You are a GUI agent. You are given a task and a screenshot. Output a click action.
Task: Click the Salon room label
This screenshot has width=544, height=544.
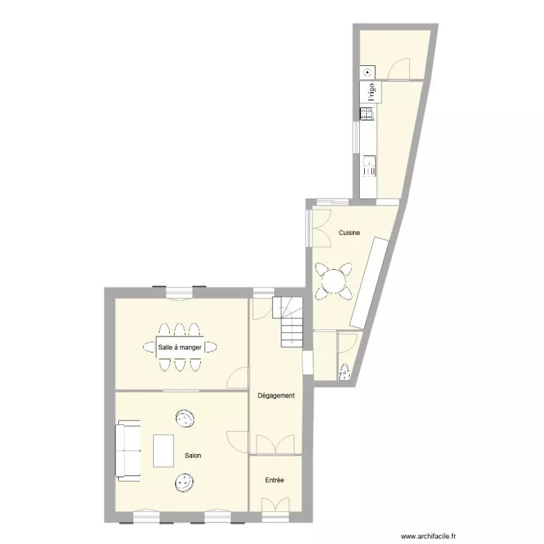point(192,456)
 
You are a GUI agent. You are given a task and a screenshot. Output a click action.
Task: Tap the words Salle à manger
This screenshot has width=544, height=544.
point(179,347)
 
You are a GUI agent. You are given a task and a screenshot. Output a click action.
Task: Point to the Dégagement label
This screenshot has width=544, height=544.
point(276,395)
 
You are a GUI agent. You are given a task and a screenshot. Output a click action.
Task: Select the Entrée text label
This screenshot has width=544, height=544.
point(274,480)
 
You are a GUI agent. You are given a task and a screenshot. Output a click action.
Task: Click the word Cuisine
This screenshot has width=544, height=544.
point(350,232)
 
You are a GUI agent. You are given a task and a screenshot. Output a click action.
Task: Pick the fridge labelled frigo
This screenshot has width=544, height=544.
point(368,92)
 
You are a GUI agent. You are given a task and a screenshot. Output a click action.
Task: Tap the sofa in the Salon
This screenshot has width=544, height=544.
point(128,450)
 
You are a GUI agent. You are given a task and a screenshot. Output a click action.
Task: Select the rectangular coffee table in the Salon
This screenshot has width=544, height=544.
point(164,450)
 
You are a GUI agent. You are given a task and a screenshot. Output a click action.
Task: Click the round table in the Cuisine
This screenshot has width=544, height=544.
point(335,281)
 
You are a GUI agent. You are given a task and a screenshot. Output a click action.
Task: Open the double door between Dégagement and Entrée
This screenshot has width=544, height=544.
point(276,445)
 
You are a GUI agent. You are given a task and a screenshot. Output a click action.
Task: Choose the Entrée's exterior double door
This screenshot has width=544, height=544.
point(275,505)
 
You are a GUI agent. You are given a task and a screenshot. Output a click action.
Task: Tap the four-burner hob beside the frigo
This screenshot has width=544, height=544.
point(367,113)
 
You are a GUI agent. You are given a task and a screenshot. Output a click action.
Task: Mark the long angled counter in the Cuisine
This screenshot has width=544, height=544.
point(370,282)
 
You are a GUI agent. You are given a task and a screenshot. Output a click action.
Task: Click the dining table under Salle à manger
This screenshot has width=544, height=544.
point(180,347)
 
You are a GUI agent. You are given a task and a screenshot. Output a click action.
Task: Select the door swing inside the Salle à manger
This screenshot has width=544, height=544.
point(237,378)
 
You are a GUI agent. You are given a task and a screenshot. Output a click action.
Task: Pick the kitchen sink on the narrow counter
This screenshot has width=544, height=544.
point(368,165)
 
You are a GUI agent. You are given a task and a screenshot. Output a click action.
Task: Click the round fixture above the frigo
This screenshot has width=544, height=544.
point(368,72)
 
